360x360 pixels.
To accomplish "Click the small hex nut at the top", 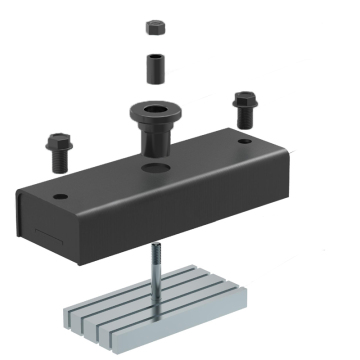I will tap(155, 26).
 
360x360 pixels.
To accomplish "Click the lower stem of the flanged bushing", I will tap(155, 140).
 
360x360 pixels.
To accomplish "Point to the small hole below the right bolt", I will tap(243, 141).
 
